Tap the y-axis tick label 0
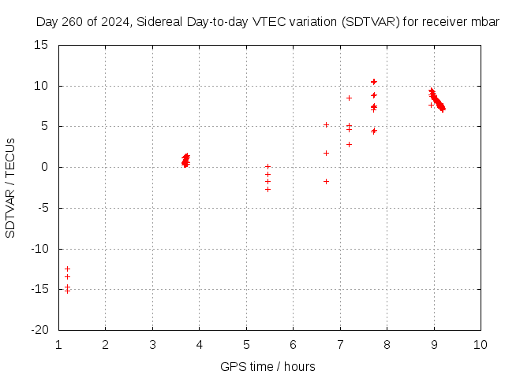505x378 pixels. [47, 167]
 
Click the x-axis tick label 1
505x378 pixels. [58, 345]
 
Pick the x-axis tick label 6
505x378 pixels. [293, 345]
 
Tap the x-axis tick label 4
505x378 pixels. [199, 345]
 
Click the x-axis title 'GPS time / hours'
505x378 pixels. [267, 366]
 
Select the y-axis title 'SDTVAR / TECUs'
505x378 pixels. [11, 188]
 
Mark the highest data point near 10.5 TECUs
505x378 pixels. [374, 81]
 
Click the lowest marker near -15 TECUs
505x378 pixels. [67, 291]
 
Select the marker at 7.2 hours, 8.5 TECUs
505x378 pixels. [349, 98]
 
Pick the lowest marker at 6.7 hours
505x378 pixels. [326, 181]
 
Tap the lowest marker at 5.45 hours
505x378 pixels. [267, 189]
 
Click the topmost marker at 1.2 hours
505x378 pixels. [67, 269]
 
